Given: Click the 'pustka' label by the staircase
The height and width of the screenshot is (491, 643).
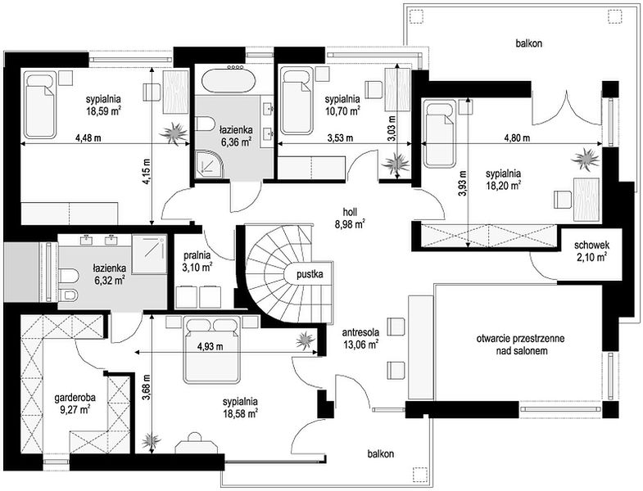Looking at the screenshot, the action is click(x=310, y=274).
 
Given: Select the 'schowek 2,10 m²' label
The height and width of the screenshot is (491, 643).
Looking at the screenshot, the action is click(x=591, y=251).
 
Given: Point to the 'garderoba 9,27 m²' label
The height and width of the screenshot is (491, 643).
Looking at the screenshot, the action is click(x=75, y=403).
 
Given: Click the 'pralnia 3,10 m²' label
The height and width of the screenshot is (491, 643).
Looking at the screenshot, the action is click(x=197, y=262).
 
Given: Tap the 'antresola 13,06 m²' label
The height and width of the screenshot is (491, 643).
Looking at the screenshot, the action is click(x=361, y=338).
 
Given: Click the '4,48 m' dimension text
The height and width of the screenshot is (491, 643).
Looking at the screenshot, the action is click(x=88, y=138).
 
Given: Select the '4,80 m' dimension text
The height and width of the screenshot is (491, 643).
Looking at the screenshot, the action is click(x=517, y=138).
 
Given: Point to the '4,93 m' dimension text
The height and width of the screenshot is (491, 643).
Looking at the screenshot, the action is click(x=211, y=347).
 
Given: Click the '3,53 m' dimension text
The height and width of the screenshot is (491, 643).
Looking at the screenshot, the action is click(x=340, y=138).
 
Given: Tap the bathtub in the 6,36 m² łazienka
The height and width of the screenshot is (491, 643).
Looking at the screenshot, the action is click(x=229, y=81).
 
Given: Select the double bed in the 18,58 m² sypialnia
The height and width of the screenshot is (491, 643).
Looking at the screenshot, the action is click(x=211, y=349).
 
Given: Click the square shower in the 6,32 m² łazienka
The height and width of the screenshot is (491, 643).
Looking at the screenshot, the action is click(x=149, y=255).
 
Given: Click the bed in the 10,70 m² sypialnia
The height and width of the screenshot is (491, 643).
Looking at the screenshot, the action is click(x=296, y=101).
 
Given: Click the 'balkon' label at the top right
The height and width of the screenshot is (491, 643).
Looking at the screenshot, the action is click(x=529, y=43).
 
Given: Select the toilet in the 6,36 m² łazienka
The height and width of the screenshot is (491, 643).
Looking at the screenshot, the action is click(x=206, y=124).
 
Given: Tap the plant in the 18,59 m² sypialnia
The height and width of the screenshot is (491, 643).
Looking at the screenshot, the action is click(x=174, y=133).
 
